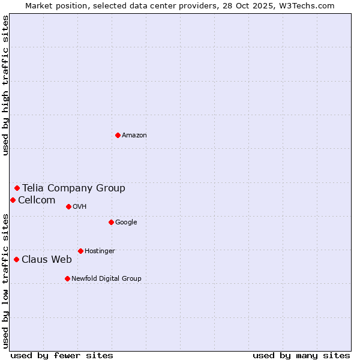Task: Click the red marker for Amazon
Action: (118, 135)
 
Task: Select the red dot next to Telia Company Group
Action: (17, 188)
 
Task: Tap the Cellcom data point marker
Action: (13, 200)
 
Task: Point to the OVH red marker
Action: (68, 206)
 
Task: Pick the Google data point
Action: (111, 222)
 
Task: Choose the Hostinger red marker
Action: (80, 251)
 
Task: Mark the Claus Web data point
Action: (16, 259)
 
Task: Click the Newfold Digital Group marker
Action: (67, 278)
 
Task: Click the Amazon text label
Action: (134, 135)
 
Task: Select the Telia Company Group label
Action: (74, 188)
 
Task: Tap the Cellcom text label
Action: (37, 200)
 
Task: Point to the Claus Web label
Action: (47, 259)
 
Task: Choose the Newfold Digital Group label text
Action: (106, 278)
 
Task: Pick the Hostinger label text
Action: (100, 251)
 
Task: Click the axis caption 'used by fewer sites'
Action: (62, 355)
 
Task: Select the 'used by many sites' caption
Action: (301, 355)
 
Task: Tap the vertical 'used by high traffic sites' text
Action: (5, 85)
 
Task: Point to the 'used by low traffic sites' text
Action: (5, 280)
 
